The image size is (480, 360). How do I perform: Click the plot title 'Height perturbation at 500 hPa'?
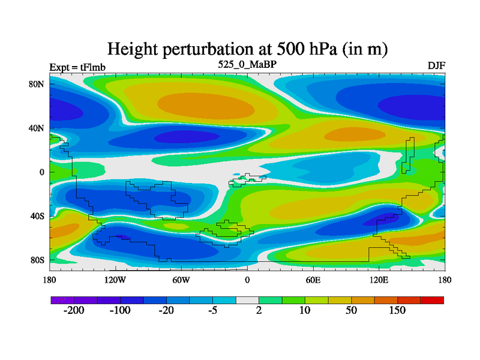point(247,48)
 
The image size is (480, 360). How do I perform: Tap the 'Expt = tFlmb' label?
point(77,67)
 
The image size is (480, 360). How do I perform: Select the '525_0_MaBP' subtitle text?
point(247,64)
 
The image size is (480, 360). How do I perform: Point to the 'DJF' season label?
point(436,65)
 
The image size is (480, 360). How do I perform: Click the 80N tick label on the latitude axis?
point(38,84)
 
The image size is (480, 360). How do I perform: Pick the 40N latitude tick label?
point(38,128)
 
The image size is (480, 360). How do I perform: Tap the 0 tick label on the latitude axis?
point(43,172)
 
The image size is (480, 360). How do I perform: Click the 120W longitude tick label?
point(115,280)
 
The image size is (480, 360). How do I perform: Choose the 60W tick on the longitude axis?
point(181,280)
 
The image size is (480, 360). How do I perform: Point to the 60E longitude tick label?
point(313,280)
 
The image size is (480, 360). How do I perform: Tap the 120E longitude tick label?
point(379,280)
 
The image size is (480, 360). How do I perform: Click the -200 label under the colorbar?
point(74,311)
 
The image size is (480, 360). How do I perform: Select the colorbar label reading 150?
point(397,311)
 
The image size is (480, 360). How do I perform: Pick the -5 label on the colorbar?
point(212,311)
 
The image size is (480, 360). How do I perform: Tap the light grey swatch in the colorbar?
point(247,299)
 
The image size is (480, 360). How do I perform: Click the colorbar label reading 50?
point(351,311)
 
